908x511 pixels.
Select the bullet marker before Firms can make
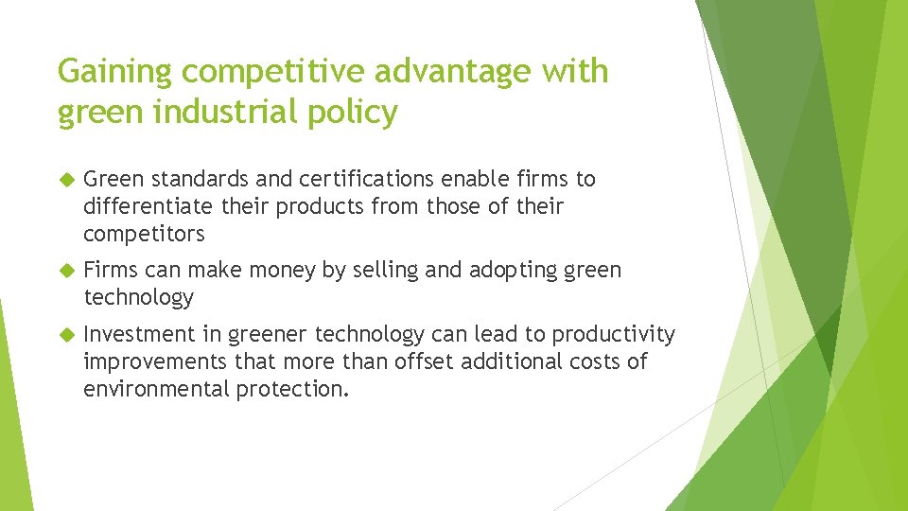click(x=65, y=271)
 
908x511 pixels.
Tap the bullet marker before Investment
click(x=65, y=335)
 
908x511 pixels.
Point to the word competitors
click(x=144, y=234)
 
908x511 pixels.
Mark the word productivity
click(x=614, y=334)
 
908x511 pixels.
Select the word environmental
click(x=155, y=389)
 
